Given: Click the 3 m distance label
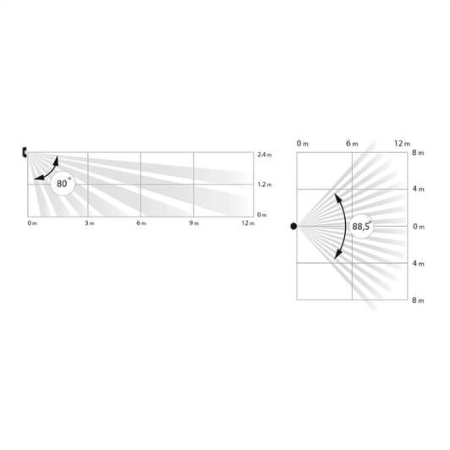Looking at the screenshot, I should tap(88, 223).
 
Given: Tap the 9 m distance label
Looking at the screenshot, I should tap(195, 223).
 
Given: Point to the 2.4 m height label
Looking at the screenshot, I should tap(264, 155).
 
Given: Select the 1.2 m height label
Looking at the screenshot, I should tap(264, 184).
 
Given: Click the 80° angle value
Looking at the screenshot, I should tap(63, 183).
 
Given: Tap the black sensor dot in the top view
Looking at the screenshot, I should tap(294, 226).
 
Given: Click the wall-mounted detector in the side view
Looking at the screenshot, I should tap(25, 152).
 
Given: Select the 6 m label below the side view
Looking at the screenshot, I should tap(141, 223).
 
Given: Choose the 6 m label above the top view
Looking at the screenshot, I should tap(352, 144).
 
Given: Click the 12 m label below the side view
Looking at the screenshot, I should tap(247, 223).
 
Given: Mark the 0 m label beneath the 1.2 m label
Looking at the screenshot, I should tap(262, 214).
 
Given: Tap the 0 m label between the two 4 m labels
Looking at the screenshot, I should tap(418, 227).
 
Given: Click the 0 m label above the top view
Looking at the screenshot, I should tap(303, 144).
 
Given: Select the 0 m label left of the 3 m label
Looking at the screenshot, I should tap(32, 223).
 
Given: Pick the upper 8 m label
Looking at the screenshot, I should tap(416, 153).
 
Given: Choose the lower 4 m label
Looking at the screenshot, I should tap(416, 263).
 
